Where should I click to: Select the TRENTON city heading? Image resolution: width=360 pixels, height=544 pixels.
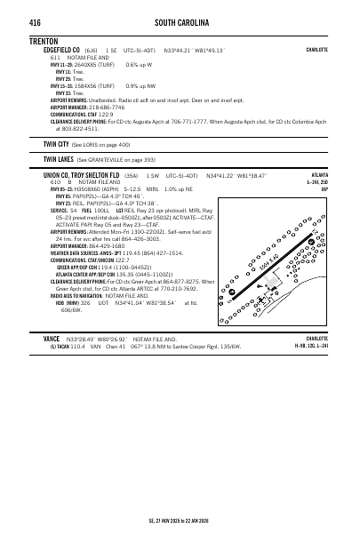tap(44, 41)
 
